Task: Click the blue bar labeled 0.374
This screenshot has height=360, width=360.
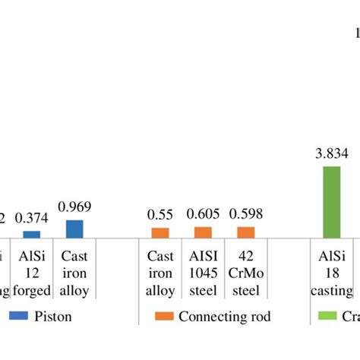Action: tap(32, 235)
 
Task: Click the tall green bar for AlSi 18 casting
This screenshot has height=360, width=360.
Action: tap(331, 202)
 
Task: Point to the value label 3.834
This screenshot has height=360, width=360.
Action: tap(331, 154)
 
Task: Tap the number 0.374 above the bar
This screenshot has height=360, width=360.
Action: tap(32, 218)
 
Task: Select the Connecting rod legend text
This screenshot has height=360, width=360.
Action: tap(224, 316)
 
